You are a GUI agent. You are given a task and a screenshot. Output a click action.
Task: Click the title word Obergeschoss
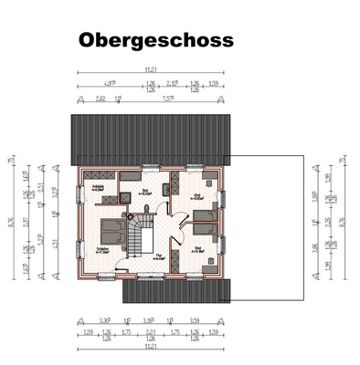coord(155,41)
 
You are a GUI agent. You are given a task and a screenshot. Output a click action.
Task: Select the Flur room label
coord(158,256)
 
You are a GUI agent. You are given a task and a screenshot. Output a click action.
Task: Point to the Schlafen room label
coord(102,248)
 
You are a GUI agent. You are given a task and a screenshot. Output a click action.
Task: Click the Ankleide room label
coord(98,187)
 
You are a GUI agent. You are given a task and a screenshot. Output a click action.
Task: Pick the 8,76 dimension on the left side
coord(11,219)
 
